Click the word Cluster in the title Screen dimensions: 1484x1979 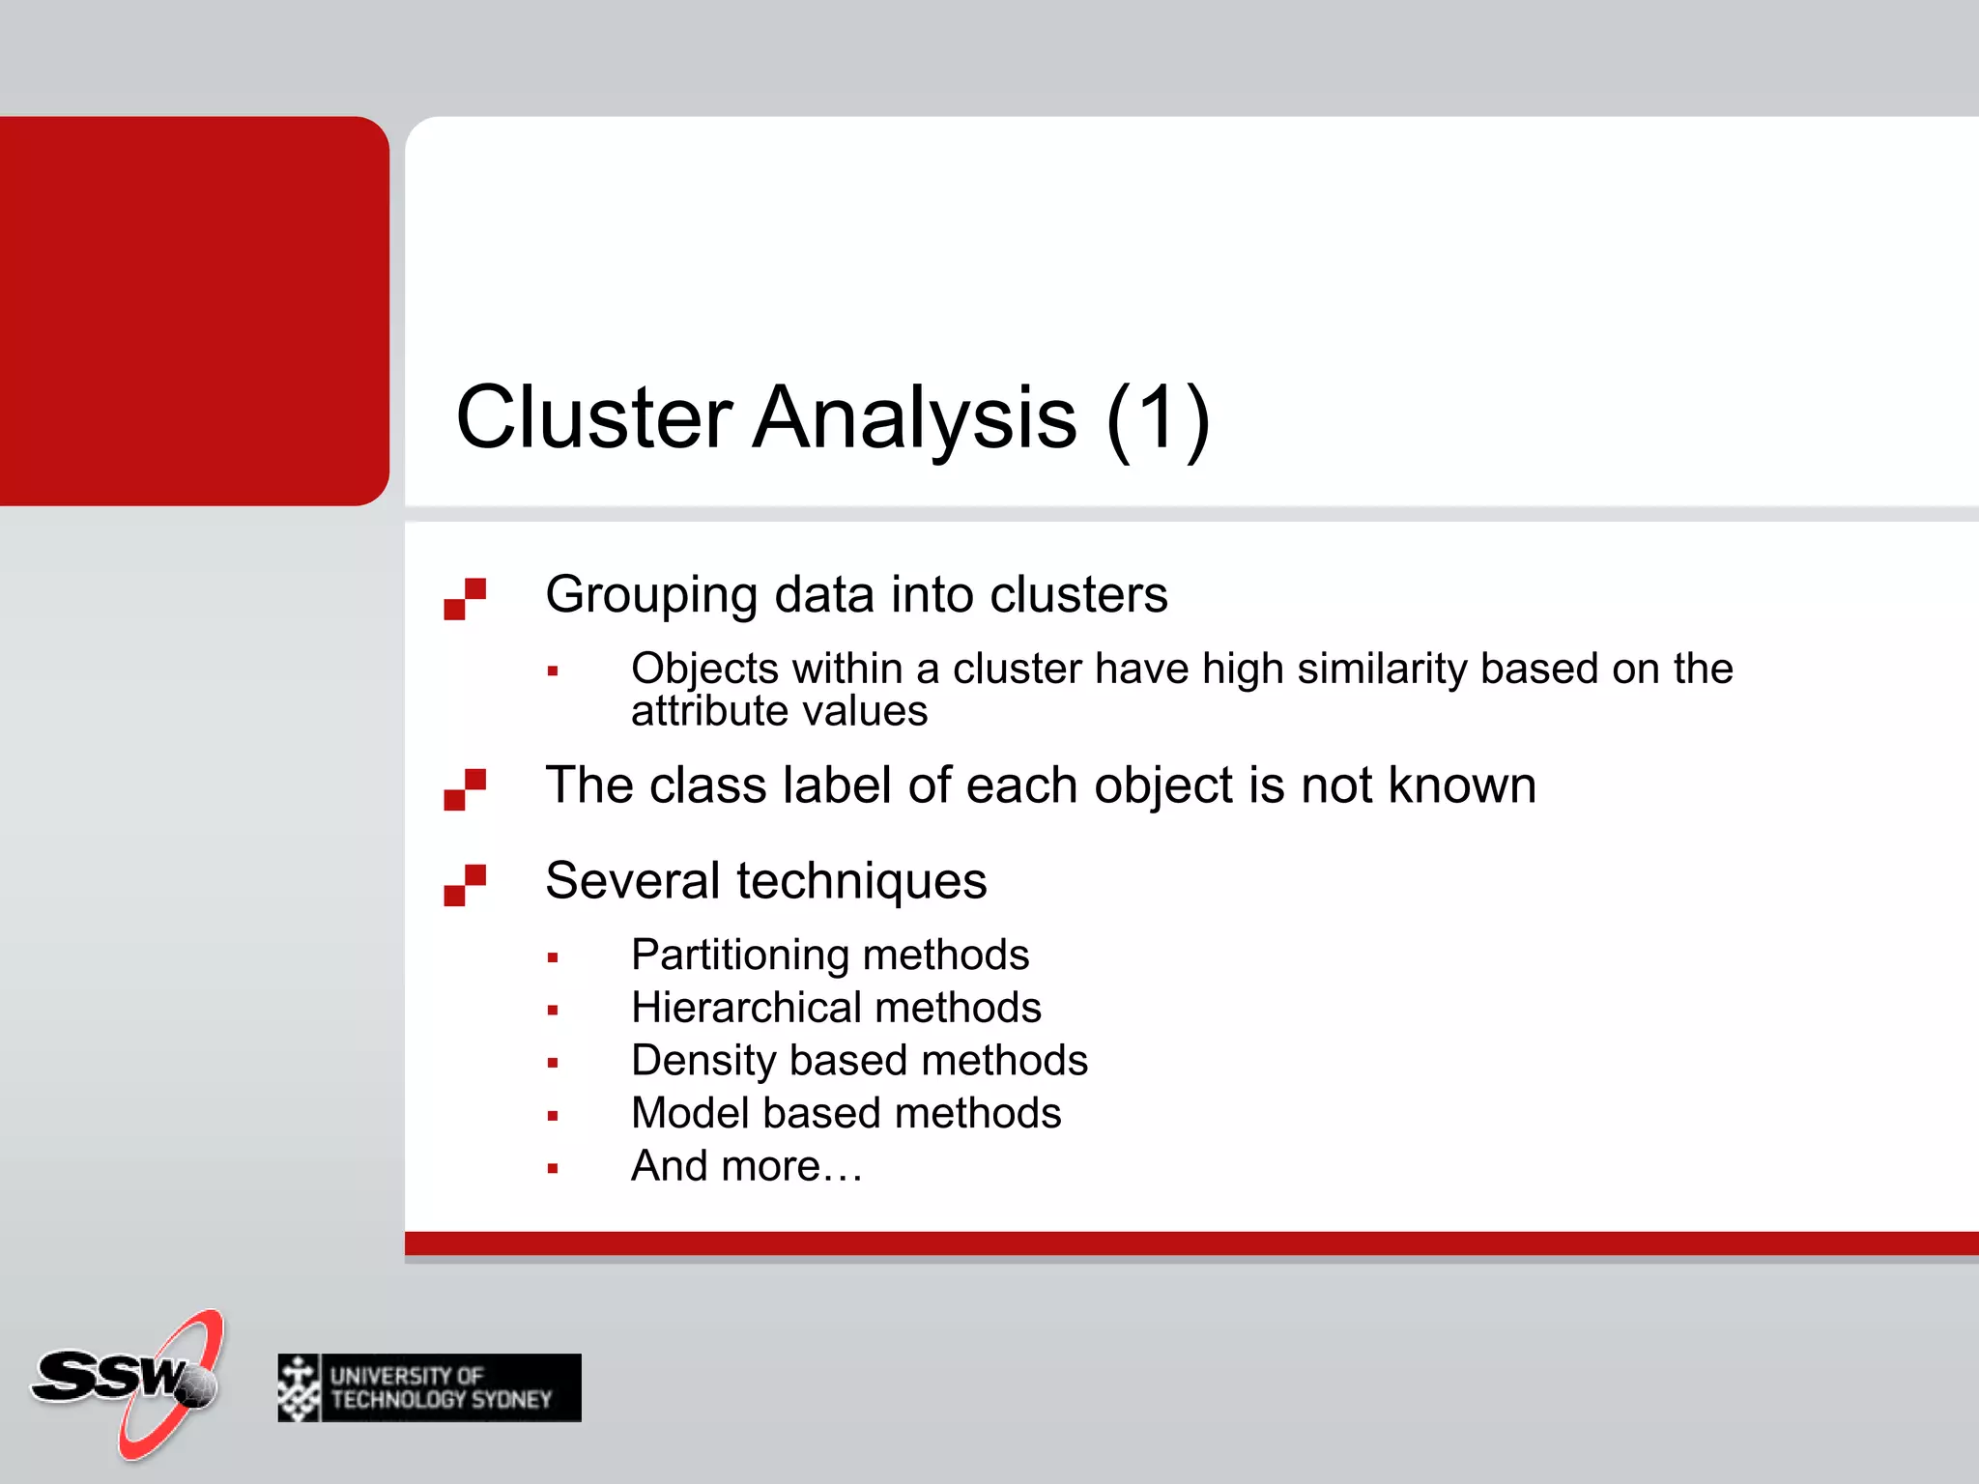click(x=593, y=417)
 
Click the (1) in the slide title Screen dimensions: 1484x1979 click(x=1158, y=417)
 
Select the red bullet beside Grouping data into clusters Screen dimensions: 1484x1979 click(x=465, y=599)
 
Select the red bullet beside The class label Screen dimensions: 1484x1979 click(x=465, y=789)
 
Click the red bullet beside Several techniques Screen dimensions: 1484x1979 click(x=465, y=885)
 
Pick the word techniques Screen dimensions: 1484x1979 click(x=862, y=881)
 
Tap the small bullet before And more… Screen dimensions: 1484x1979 click(x=553, y=1168)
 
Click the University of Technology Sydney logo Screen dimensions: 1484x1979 click(x=429, y=1387)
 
